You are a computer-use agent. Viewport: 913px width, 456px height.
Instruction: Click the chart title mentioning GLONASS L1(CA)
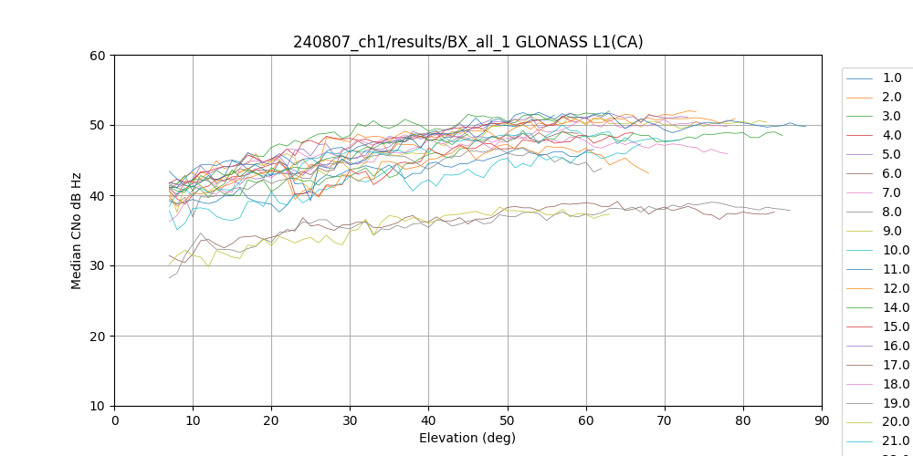coord(467,42)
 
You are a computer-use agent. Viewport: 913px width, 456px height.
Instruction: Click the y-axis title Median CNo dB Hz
coord(77,230)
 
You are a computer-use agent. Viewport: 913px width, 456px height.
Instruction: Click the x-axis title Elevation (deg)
coord(467,438)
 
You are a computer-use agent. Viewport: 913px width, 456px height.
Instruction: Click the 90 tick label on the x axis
coord(822,420)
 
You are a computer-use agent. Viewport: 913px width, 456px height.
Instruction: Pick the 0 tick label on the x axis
coord(114,420)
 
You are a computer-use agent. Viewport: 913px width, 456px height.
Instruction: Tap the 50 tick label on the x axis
coord(508,420)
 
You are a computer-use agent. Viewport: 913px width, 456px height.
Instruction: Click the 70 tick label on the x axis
coord(665,420)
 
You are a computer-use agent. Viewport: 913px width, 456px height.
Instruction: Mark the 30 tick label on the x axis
coord(350,420)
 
